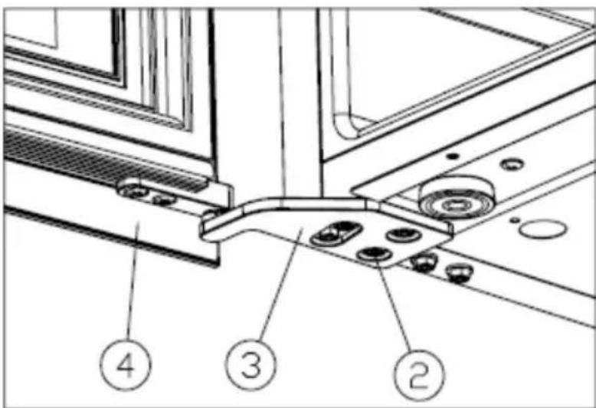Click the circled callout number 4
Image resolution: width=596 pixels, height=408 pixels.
tap(126, 364)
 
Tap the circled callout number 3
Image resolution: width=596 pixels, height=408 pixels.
tap(251, 364)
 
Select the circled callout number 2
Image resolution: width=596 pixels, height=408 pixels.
tap(419, 374)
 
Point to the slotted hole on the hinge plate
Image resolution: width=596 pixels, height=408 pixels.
tap(336, 232)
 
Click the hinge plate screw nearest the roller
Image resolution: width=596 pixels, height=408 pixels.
tap(404, 235)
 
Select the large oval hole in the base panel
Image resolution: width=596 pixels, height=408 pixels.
tap(543, 229)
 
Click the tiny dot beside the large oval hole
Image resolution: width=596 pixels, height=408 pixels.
tap(514, 220)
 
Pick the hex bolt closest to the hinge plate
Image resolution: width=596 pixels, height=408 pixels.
tap(424, 262)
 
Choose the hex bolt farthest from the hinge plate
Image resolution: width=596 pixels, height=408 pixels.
tap(459, 273)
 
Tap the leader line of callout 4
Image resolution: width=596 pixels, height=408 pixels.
tap(133, 281)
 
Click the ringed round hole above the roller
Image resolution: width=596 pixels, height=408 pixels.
tap(512, 164)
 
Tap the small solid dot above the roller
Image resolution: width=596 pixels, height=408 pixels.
tap(452, 156)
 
